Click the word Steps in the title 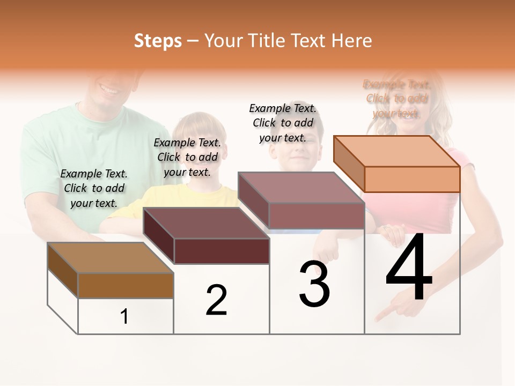click(158, 41)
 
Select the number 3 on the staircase click(314, 284)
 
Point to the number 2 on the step click(216, 300)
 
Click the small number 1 click(124, 317)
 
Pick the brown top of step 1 click(110, 258)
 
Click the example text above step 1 click(94, 188)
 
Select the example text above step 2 click(187, 157)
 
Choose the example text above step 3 click(283, 123)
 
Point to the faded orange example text click(396, 99)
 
